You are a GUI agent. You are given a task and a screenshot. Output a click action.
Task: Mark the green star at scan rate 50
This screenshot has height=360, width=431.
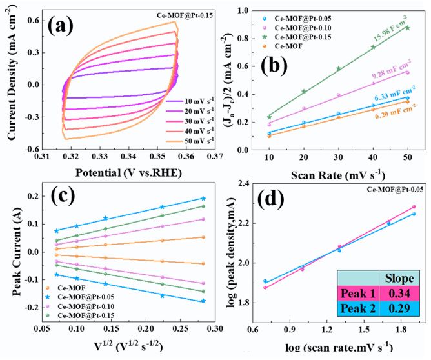point(408,28)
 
